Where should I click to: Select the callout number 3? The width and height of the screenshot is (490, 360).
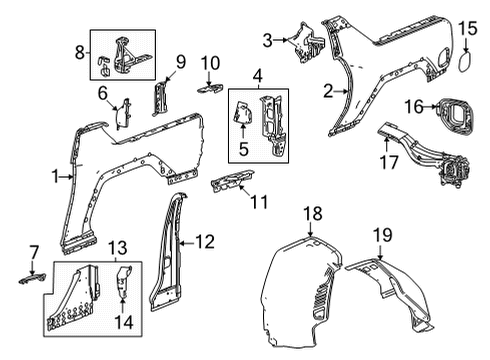pos(267,39)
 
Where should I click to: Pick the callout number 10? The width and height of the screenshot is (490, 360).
pos(209,65)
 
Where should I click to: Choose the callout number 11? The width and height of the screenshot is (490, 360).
pos(260,203)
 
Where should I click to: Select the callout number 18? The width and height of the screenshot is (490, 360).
pos(312,213)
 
